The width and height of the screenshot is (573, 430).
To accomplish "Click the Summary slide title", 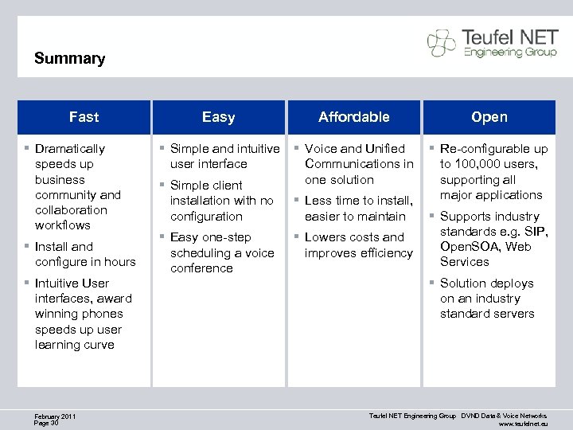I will click(70, 59).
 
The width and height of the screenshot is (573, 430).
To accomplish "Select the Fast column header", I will click(84, 117).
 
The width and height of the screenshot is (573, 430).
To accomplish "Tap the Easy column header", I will click(218, 117).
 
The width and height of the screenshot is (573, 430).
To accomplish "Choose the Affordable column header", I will click(353, 117).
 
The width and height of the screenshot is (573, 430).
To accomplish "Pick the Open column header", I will click(489, 117).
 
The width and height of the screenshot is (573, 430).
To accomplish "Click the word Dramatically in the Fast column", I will click(70, 149).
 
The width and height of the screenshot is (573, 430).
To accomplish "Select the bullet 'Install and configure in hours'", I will click(84, 254).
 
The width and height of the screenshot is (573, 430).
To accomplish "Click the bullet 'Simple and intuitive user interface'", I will click(224, 156).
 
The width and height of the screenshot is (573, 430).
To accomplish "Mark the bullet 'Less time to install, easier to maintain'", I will click(358, 209).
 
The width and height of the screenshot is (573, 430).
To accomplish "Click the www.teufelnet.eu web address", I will click(523, 424).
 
